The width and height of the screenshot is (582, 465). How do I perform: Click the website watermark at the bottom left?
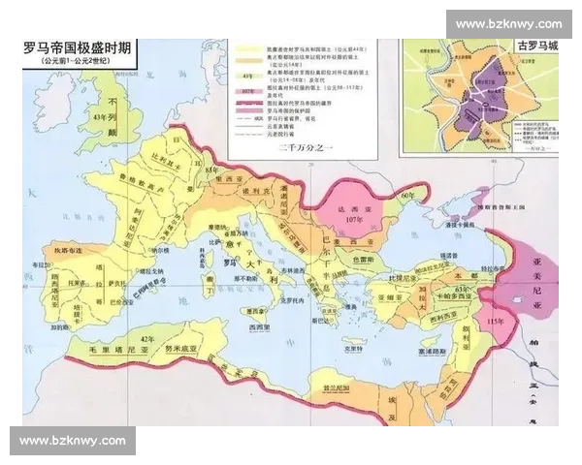coord(74,441)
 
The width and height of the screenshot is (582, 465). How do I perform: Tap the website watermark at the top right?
coord(508,23)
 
